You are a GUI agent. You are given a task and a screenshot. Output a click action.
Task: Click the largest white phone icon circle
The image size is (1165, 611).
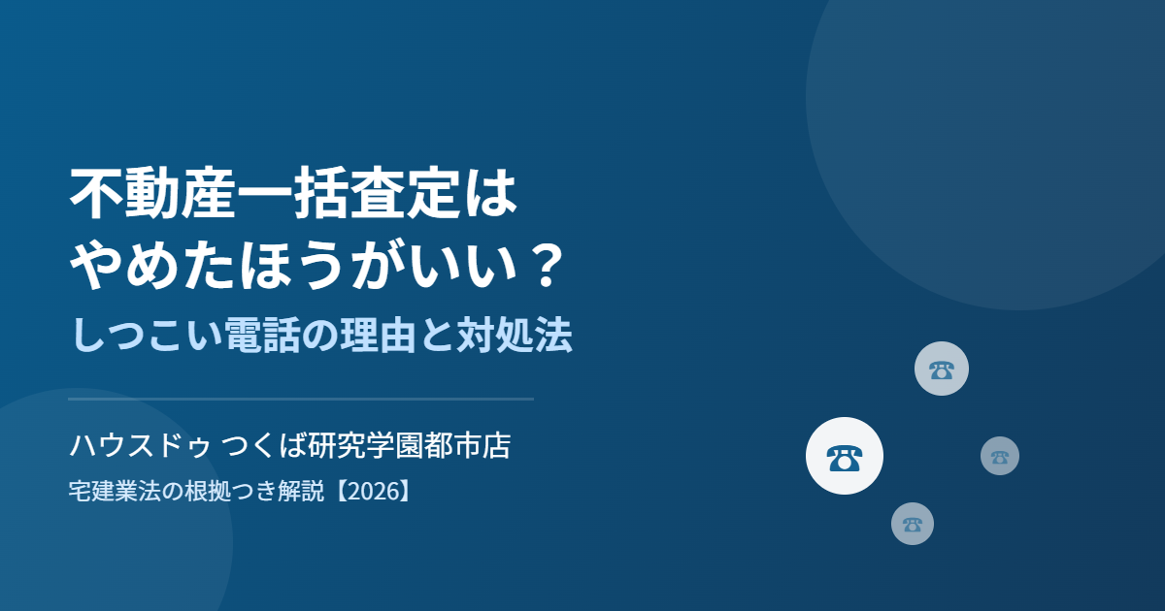tap(844, 456)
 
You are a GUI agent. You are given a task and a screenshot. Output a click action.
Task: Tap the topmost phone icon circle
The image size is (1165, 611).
tap(942, 369)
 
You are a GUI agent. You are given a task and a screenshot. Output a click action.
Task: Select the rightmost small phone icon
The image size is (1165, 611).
tap(1000, 456)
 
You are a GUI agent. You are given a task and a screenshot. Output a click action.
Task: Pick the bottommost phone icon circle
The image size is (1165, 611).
tap(913, 523)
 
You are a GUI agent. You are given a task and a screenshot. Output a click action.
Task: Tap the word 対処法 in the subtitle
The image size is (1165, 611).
tap(514, 335)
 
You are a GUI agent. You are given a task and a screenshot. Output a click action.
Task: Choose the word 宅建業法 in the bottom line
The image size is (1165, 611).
tap(115, 491)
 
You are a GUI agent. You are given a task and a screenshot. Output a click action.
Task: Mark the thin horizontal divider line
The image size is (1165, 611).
tap(301, 399)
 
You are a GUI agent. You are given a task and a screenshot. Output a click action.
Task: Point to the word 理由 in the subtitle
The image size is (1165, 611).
tap(378, 335)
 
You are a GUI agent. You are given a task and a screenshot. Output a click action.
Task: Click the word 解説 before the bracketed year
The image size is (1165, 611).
tap(301, 491)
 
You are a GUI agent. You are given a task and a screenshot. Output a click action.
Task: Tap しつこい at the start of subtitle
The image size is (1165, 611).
tap(147, 335)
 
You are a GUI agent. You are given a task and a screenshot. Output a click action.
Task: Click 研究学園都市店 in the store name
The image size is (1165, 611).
tap(409, 446)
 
